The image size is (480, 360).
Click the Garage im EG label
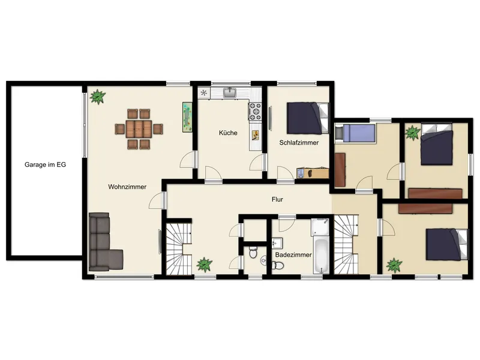[x=46, y=164]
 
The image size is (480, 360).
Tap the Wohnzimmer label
[x=127, y=187]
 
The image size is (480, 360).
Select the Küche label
[x=228, y=133]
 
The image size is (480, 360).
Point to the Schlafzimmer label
[x=299, y=143]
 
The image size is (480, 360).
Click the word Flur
[x=277, y=200]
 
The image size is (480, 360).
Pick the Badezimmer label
[x=293, y=254]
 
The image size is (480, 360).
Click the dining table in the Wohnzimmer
[x=139, y=129]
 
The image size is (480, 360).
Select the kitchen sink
[x=230, y=92]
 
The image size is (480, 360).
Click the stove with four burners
[x=255, y=112]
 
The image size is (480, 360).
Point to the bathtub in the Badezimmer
[x=321, y=256]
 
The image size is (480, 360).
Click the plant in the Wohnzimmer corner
[x=98, y=97]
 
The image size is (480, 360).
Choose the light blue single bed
[x=355, y=133]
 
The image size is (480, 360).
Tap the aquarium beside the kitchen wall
[x=187, y=117]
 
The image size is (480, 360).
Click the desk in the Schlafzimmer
[x=313, y=173]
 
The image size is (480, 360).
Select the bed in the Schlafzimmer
[x=308, y=118]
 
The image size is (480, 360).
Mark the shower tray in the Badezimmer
[x=320, y=227]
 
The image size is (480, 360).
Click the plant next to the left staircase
[x=204, y=265]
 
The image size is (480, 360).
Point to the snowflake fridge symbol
[x=204, y=93]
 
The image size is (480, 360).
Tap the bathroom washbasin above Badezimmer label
[x=277, y=244]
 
